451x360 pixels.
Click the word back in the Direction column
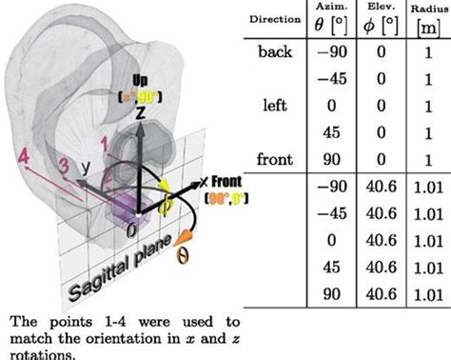(x=276, y=51)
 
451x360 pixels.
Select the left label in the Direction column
(x=275, y=106)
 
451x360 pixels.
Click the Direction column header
(x=275, y=18)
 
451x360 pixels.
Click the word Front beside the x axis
(x=222, y=181)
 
